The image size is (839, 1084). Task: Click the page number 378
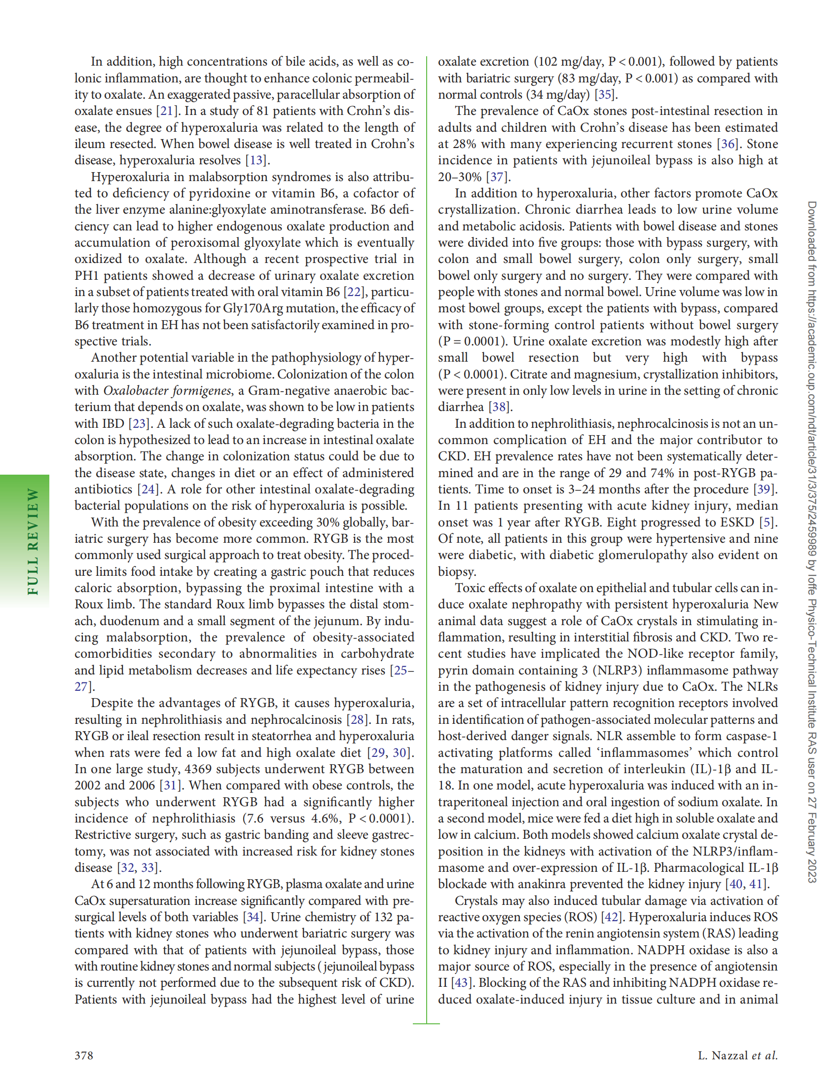(x=83, y=1055)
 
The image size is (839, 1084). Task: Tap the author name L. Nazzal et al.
(x=737, y=1055)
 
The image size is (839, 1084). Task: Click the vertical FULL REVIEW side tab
(x=33, y=541)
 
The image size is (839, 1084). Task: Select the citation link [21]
(x=166, y=111)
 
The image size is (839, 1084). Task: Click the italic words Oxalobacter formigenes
(x=167, y=391)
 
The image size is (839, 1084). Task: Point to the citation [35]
(x=604, y=94)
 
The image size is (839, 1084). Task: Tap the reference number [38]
(x=499, y=407)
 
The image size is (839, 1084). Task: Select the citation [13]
(x=256, y=160)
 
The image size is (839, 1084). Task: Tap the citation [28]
(x=357, y=719)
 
